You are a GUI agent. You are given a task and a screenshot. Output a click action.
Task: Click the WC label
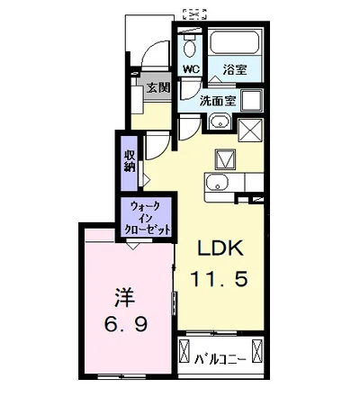[x=190, y=68]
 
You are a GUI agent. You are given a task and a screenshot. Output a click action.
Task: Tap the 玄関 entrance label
[x=158, y=86]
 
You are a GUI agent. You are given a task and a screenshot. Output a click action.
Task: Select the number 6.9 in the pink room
[x=122, y=322]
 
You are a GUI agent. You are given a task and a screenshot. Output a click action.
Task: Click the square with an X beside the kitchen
[x=249, y=127]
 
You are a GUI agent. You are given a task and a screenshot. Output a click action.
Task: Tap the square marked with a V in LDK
[x=224, y=158]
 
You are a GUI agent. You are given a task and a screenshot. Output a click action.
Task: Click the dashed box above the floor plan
[x=194, y=12]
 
